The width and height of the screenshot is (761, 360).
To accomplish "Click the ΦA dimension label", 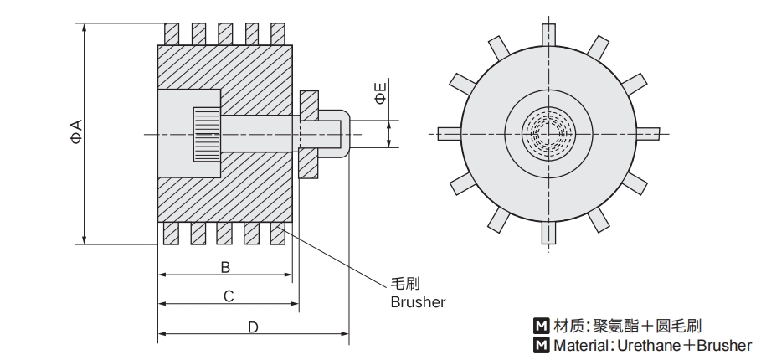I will point(75,132).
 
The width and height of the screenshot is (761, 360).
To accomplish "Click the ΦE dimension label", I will point(379,93).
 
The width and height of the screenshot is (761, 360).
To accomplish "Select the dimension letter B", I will point(225,267).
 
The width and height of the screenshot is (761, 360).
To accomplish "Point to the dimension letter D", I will point(253,327).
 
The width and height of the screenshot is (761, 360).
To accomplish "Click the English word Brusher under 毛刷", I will point(418,301).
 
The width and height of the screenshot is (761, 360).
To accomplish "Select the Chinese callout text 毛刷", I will point(406,284).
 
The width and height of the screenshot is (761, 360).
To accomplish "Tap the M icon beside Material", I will point(541,345).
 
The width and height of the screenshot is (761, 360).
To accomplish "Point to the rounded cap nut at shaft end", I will point(334,132).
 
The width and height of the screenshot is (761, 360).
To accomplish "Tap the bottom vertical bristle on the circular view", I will point(548,233).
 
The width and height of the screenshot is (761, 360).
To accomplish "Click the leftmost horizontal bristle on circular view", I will point(448,132).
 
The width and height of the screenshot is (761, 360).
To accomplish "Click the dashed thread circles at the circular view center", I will point(548,132).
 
